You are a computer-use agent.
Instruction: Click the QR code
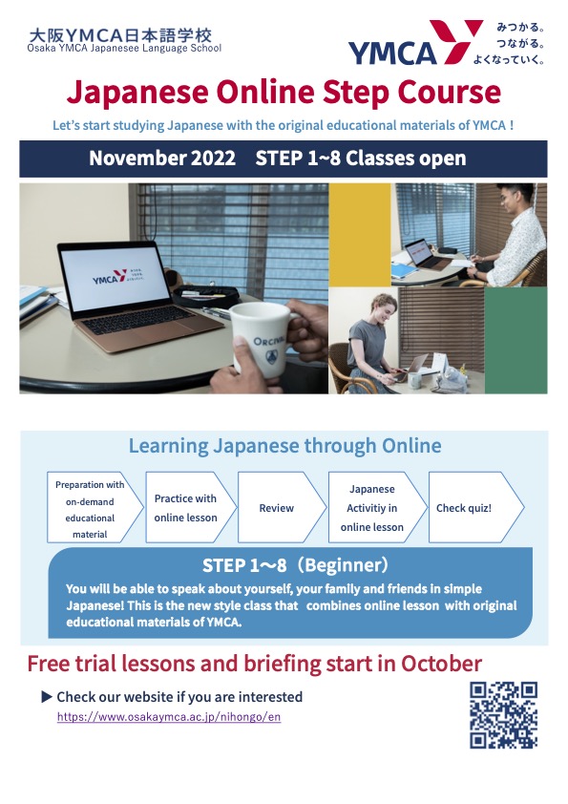(503, 715)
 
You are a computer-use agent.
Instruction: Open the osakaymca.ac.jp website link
(168, 716)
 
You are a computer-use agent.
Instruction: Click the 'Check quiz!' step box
(471, 508)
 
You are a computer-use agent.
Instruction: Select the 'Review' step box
(277, 508)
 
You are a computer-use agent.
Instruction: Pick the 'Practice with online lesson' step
(186, 508)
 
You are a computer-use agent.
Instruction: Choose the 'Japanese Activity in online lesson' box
(372, 508)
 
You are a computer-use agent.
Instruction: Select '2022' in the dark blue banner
(212, 159)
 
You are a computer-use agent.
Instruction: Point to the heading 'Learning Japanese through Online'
(284, 446)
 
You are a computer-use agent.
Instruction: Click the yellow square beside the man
(360, 234)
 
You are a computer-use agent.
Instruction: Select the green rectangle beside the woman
(515, 340)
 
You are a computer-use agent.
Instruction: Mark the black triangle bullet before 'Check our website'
(47, 697)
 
